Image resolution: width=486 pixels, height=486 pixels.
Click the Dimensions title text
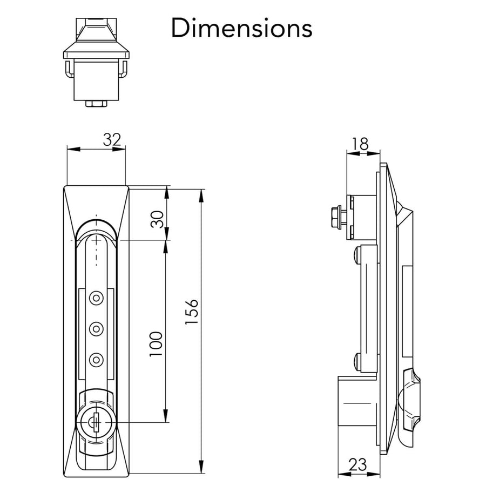pos(241,28)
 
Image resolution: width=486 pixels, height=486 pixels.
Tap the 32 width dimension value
pos(111,140)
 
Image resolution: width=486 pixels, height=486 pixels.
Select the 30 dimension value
pos(157,219)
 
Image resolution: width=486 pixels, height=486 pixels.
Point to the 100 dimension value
pos(156,343)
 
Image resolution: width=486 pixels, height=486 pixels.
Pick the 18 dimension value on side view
pos(360,144)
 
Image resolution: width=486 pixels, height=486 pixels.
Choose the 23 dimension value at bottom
pos(357,464)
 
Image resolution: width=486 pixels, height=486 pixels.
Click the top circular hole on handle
pos(97,297)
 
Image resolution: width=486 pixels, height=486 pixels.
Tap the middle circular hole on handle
pos(97,328)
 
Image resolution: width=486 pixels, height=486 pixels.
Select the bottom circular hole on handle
pos(97,359)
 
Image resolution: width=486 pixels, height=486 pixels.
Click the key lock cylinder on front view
pos(96,421)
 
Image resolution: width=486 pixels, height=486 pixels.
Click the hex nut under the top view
pos(96,103)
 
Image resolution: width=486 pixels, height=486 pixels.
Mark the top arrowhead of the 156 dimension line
pos(202,194)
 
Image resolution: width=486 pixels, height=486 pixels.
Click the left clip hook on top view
pos(67,70)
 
